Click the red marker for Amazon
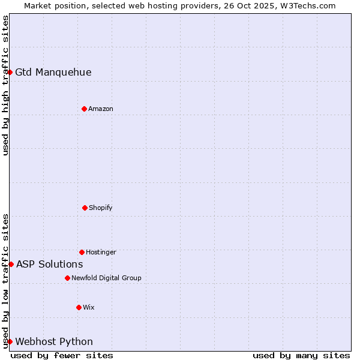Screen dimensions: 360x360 click(84, 109)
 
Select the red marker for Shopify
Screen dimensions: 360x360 click(85, 208)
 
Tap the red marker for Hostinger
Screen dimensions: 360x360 click(82, 252)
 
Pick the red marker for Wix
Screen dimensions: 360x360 click(79, 307)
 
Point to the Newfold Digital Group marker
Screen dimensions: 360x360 click(67, 278)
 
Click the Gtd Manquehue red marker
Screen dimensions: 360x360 click(10, 72)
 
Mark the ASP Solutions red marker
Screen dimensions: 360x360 click(11, 264)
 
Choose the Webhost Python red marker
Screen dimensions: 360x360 click(10, 341)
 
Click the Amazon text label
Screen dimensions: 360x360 click(101, 109)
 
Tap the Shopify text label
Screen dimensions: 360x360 click(101, 208)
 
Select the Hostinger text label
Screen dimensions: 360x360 click(101, 252)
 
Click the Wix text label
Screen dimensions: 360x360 click(89, 307)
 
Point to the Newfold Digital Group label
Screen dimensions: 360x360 click(106, 278)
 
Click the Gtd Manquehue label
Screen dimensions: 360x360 click(53, 73)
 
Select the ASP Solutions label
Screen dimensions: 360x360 click(49, 264)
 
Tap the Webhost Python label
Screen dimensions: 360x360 click(54, 342)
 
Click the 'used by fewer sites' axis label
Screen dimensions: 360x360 click(62, 355)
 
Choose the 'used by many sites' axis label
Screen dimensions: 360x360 click(301, 355)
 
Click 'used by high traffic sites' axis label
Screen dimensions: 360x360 click(5, 85)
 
